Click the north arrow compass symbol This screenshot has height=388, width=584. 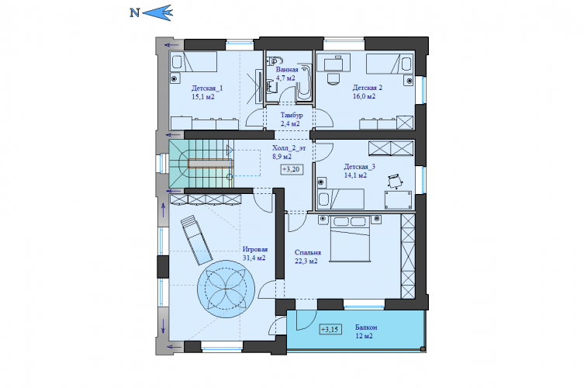pos(151,12)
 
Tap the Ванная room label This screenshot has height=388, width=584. pos(286,70)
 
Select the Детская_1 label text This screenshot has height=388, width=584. pos(207,88)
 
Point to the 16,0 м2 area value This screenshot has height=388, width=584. pos(364,96)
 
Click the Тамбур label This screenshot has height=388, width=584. pos(292,115)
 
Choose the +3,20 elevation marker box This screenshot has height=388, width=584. pos(292,169)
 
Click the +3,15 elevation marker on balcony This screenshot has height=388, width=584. pos(330,330)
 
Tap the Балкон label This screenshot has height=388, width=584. pos(366,327)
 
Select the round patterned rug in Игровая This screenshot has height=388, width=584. pos(226,289)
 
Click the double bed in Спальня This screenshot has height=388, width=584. pos(350,238)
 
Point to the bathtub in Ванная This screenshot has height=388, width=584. pos(304,82)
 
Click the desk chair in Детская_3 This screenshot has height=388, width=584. pos(395,181)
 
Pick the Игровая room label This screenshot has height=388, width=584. pos(255,249)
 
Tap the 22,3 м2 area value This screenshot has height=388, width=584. pos(306,262)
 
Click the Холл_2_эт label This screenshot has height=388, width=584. pos(289,148)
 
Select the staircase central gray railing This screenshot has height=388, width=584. pos(210,164)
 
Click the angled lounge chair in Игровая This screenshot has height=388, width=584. pos(197,240)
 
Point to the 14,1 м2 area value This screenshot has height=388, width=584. pos(355,175)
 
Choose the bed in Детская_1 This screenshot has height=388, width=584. pos(194,62)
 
